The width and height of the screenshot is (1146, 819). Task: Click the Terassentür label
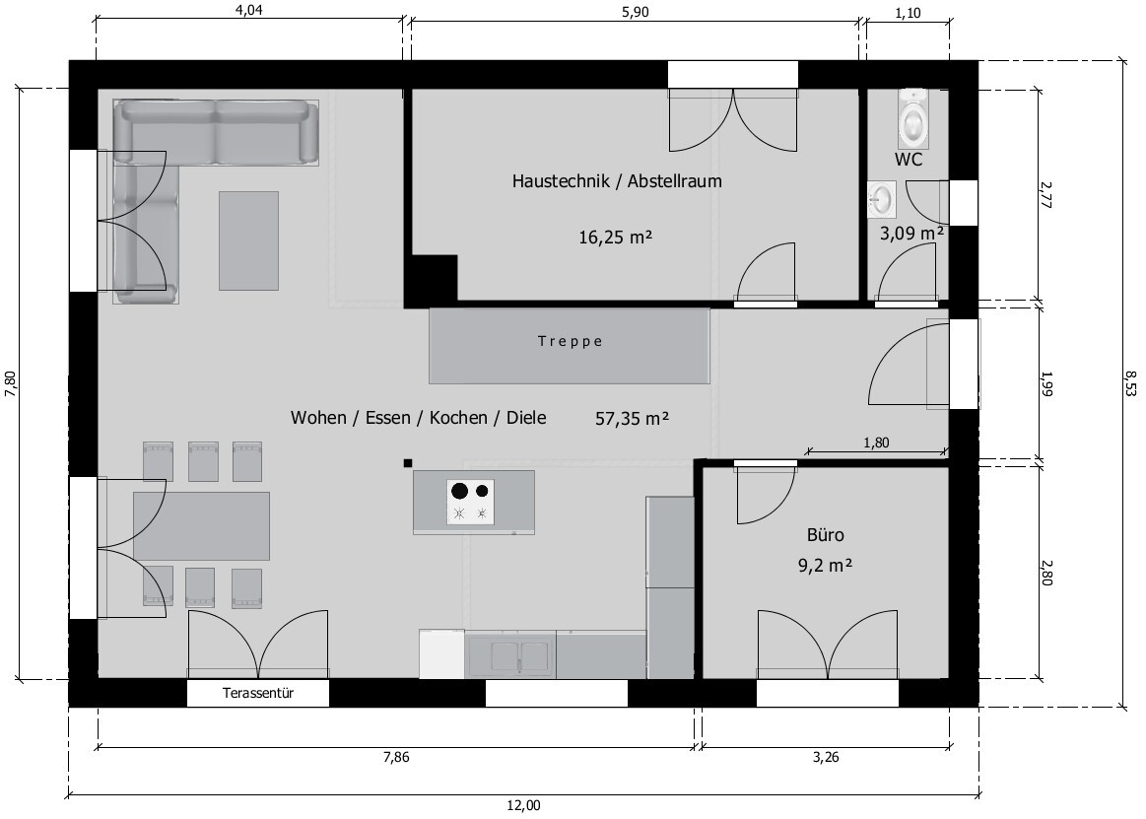(x=258, y=693)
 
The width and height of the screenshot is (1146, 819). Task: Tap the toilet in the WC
(x=913, y=116)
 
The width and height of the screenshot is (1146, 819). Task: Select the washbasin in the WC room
(x=882, y=199)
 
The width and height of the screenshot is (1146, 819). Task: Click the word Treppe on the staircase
(x=571, y=341)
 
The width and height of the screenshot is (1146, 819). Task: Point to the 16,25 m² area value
(x=616, y=237)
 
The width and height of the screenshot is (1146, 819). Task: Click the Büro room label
(x=825, y=535)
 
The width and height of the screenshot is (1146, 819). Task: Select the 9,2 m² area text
(x=825, y=566)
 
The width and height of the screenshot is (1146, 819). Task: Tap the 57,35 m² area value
(x=633, y=418)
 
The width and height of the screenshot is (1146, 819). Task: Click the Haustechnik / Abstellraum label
(x=617, y=180)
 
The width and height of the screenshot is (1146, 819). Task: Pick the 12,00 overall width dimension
(x=523, y=806)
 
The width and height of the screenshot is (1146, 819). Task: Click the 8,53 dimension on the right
(x=1130, y=384)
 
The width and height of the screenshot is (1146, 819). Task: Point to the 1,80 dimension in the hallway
(x=876, y=443)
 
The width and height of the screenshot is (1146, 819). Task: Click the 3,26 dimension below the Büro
(x=826, y=758)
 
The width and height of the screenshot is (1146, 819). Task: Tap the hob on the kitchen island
(x=471, y=502)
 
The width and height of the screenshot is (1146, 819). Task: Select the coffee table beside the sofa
(x=248, y=240)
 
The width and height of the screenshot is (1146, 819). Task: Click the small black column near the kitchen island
(x=408, y=462)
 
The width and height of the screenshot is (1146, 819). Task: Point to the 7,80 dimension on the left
(x=11, y=384)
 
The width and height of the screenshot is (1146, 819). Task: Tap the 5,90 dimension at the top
(x=635, y=11)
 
